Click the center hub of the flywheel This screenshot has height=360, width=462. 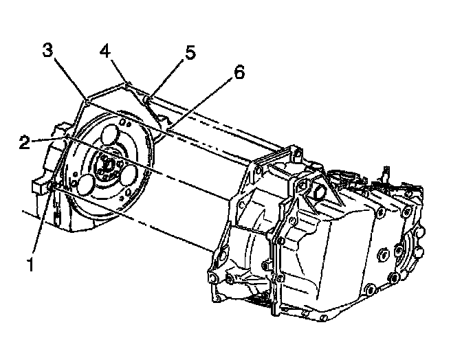point(107,164)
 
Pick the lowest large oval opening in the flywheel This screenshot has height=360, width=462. point(85,183)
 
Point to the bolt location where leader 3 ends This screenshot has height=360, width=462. point(87,102)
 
